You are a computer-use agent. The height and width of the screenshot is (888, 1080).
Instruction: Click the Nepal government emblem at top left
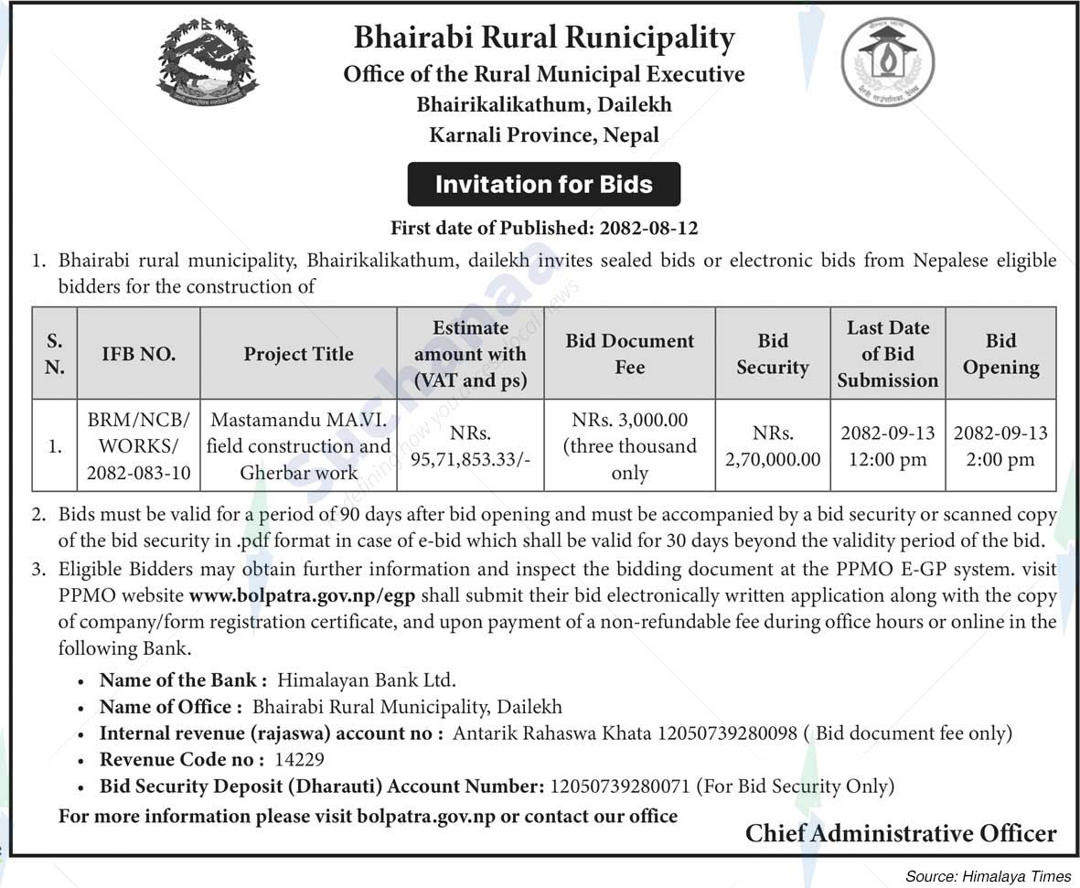pos(208,61)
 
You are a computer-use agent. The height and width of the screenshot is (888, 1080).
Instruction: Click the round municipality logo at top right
pos(886,61)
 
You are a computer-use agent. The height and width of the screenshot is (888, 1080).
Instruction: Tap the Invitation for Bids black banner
pos(543,184)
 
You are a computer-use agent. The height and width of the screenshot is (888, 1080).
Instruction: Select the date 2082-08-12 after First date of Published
pos(648,228)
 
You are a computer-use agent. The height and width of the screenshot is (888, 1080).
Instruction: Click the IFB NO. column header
pos(139,354)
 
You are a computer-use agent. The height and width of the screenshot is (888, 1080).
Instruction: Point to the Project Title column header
pos(298,354)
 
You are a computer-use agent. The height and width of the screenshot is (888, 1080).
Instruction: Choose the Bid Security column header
pos(773,354)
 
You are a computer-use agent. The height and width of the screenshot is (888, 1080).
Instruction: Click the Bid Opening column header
pos(1000,354)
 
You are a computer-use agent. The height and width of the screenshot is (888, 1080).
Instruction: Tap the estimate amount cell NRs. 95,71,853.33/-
pos(470,446)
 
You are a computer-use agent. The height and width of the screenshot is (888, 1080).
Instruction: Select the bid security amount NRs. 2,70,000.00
pos(773,446)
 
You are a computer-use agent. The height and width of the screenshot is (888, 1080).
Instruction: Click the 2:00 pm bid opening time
pos(1000,459)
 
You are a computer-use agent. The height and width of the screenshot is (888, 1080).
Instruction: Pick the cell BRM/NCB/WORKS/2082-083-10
pos(139,446)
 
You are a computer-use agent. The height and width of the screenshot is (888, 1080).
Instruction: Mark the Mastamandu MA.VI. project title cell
pos(298,446)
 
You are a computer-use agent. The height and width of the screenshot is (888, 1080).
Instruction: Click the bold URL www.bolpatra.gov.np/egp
pos(302,595)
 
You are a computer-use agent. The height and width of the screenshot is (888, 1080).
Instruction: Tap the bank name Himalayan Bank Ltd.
pos(366,679)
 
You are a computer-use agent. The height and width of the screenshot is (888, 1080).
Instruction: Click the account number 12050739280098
pos(727,733)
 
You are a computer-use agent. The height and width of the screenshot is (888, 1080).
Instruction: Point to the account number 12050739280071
pos(621,786)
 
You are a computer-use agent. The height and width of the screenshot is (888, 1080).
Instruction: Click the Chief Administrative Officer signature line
pos(900,833)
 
